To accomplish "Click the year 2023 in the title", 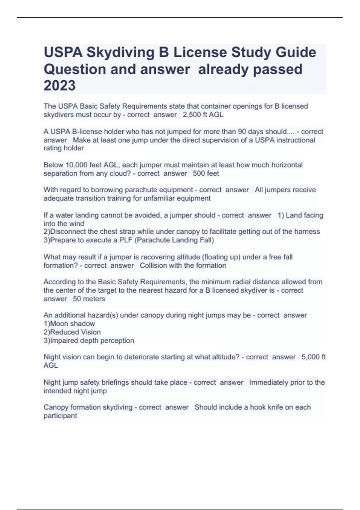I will pyautogui.click(x=60, y=86).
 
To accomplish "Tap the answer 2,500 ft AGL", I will pyautogui.click(x=203, y=115).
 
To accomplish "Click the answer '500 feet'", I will pyautogui.click(x=206, y=173).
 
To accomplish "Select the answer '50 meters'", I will pyautogui.click(x=89, y=299).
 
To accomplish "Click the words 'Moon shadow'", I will pyautogui.click(x=72, y=324).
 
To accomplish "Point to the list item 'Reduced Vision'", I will pyautogui.click(x=75, y=332).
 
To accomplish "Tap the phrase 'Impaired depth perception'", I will pyautogui.click(x=92, y=340).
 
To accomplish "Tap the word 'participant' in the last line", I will pyautogui.click(x=60, y=416).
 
